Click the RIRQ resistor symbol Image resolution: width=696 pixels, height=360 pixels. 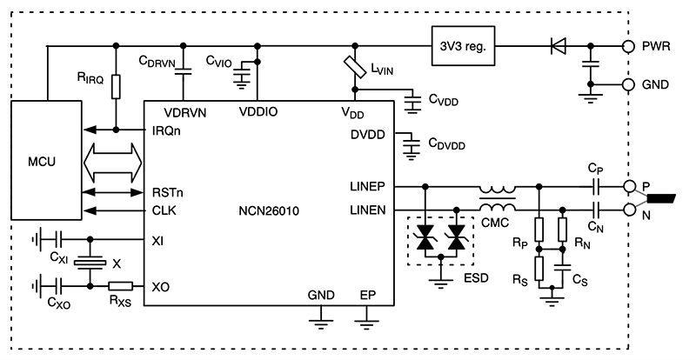(x=116, y=87)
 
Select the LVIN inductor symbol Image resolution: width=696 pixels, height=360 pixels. (x=355, y=68)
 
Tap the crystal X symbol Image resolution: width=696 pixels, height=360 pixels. (x=90, y=262)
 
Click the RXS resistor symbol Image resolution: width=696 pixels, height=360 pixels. (x=119, y=285)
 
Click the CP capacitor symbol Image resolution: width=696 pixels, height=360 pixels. (x=594, y=186)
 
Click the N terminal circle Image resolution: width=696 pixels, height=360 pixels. (x=626, y=209)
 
